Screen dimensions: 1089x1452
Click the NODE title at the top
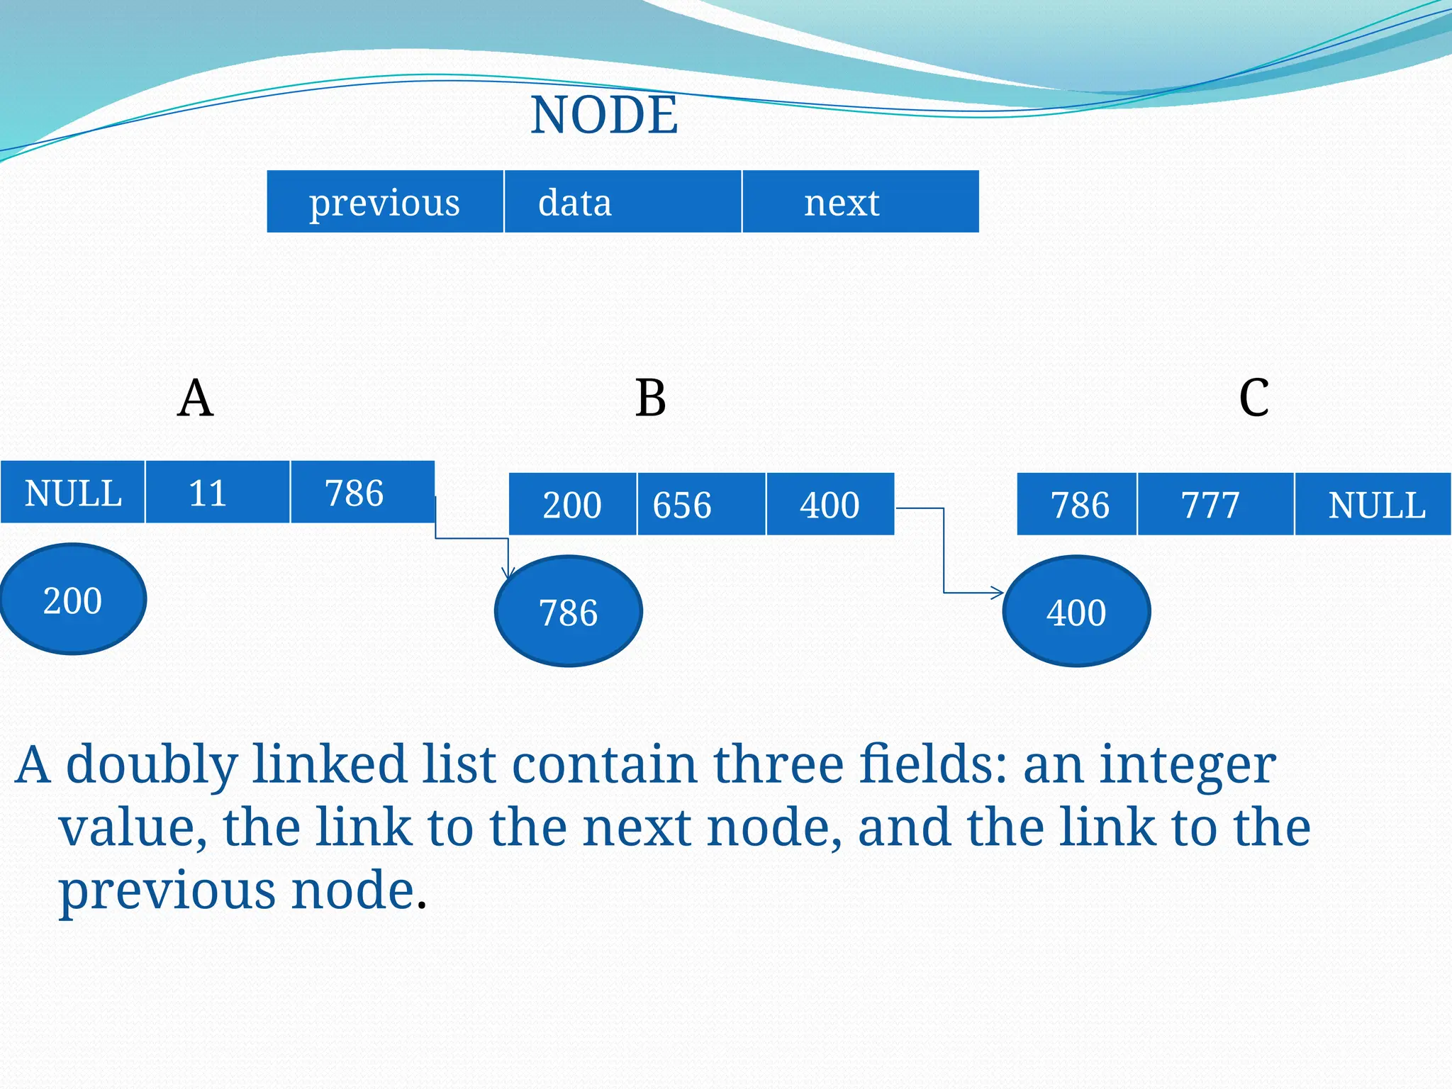pyautogui.click(x=604, y=115)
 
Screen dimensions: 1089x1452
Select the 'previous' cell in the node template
pyautogui.click(x=385, y=202)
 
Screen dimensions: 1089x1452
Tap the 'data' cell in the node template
pyautogui.click(x=622, y=202)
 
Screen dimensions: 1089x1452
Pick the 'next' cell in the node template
pyautogui.click(x=860, y=202)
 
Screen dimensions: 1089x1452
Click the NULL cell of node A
pyautogui.click(x=73, y=493)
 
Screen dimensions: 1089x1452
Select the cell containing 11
pyautogui.click(x=218, y=493)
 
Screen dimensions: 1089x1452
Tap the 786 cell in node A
pyautogui.click(x=362, y=493)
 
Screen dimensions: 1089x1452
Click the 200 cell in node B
pyautogui.click(x=573, y=505)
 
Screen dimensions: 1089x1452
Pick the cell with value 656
pyautogui.click(x=700, y=505)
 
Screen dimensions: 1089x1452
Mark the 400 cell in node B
pyautogui.click(x=830, y=505)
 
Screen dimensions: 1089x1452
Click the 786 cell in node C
pyautogui.click(x=1077, y=505)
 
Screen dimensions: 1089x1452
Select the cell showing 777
pyautogui.click(x=1215, y=505)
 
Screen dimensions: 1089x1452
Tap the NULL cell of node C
pyautogui.click(x=1373, y=505)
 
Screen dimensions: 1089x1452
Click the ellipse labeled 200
pyautogui.click(x=73, y=599)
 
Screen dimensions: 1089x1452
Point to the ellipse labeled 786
pyautogui.click(x=569, y=611)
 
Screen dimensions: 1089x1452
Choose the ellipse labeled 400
pyautogui.click(x=1076, y=611)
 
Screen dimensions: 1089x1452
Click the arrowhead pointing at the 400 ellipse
pyautogui.click(x=998, y=593)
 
